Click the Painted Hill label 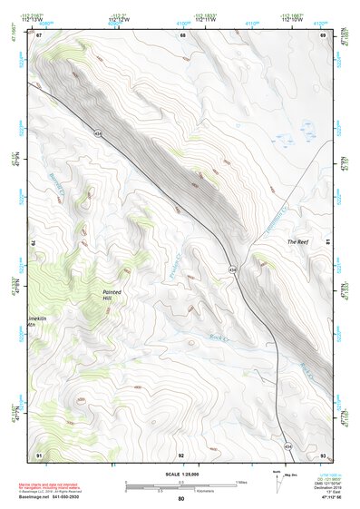(112, 295)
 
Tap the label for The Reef (297, 242)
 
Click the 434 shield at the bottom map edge (289, 446)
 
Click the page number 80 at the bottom (180, 498)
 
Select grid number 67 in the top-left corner (38, 34)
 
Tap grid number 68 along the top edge (182, 34)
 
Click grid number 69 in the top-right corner (323, 34)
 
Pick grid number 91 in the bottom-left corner (38, 454)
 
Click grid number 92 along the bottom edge (181, 454)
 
